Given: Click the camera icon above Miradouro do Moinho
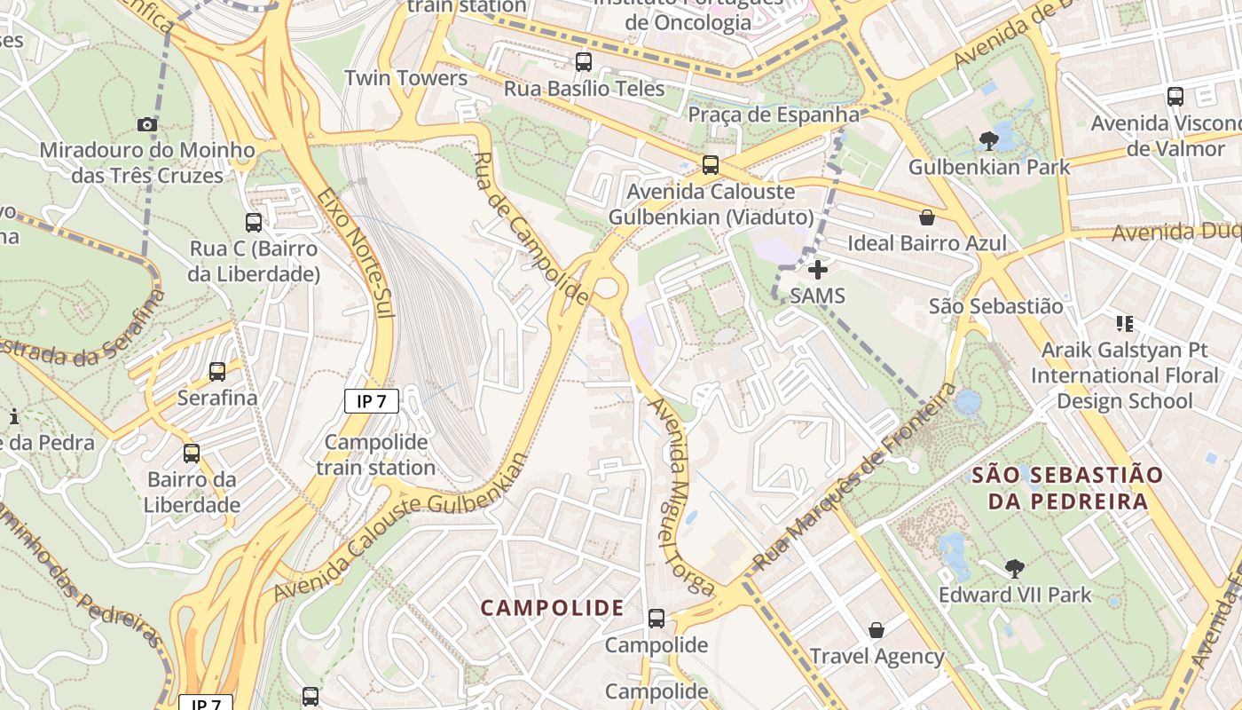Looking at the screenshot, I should pyautogui.click(x=147, y=125).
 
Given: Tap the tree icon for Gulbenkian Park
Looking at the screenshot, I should pyautogui.click(x=989, y=140).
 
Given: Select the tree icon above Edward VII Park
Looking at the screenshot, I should pyautogui.click(x=1015, y=569).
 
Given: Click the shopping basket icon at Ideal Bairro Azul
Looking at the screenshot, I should pyautogui.click(x=927, y=217).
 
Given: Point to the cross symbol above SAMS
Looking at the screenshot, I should pyautogui.click(x=818, y=270).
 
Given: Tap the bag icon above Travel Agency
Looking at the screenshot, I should pyautogui.click(x=876, y=630).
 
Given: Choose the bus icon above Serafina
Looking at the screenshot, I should pyautogui.click(x=217, y=372).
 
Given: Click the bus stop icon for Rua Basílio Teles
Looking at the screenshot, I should pyautogui.click(x=583, y=62).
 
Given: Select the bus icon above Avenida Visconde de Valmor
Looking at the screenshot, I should pyautogui.click(x=1175, y=97).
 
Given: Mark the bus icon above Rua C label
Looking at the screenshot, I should pyautogui.click(x=254, y=223).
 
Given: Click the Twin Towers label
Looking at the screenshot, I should pyautogui.click(x=405, y=78).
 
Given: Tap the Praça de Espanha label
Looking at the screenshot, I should pyautogui.click(x=774, y=114).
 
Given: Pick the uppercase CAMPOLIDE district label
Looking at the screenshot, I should pyautogui.click(x=552, y=608).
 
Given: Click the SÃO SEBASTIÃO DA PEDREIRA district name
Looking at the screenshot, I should pyautogui.click(x=1066, y=488).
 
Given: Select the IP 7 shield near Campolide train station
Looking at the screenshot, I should pyautogui.click(x=372, y=401).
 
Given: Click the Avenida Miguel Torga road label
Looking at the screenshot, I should pyautogui.click(x=680, y=497).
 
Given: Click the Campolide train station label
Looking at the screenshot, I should pyautogui.click(x=376, y=454).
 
